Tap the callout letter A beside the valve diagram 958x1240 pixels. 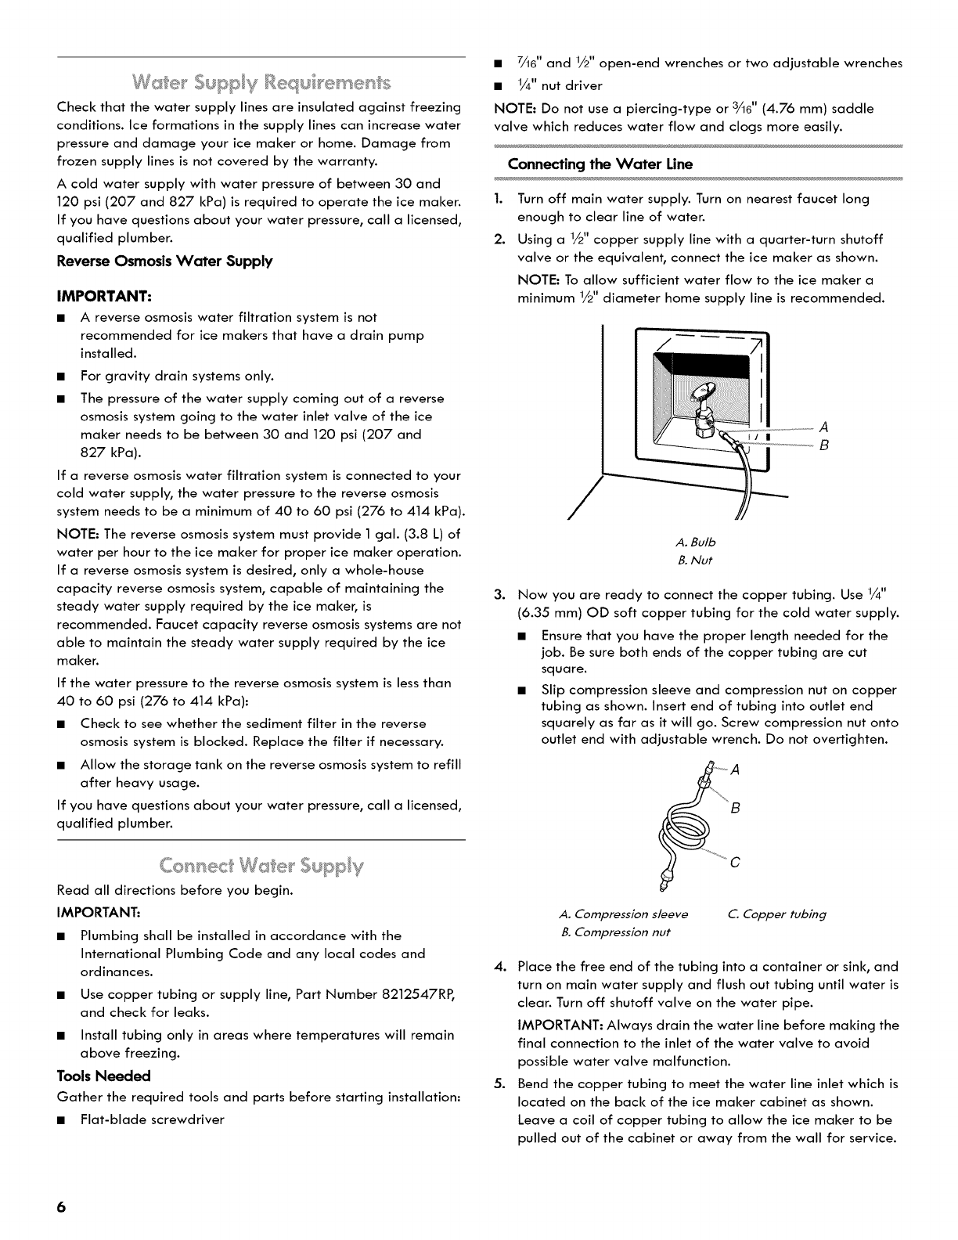pyautogui.click(x=823, y=427)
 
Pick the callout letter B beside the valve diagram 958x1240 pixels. pyautogui.click(x=823, y=447)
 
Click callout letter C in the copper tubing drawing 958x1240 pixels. pyautogui.click(x=735, y=863)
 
